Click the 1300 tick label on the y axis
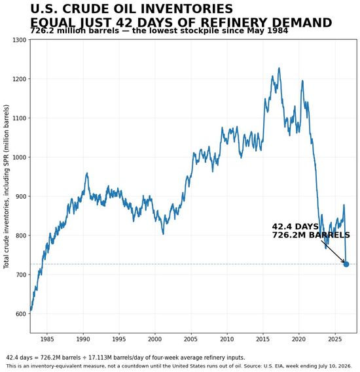coord(19,40)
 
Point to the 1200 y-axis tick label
coord(19,78)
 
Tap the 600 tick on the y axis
coord(21,314)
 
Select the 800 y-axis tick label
coord(21,235)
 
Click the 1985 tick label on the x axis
coord(47,339)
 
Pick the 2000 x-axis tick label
coord(155,339)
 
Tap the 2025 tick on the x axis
coord(335,339)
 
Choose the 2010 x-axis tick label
coord(226,339)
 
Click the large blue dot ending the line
coord(346,264)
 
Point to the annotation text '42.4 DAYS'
coord(295,227)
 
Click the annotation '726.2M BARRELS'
coord(311,235)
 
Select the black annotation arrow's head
coord(344,262)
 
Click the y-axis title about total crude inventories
coord(6,186)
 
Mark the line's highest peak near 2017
coord(279,68)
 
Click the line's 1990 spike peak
coord(87,173)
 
